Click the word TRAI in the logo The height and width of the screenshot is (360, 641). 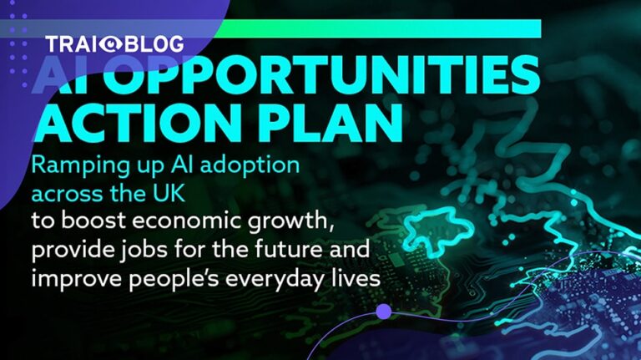(x=72, y=44)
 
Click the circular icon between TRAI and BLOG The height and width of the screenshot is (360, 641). (x=109, y=44)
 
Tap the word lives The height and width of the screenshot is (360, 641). (x=355, y=279)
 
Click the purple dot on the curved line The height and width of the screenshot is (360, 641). (x=383, y=312)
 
